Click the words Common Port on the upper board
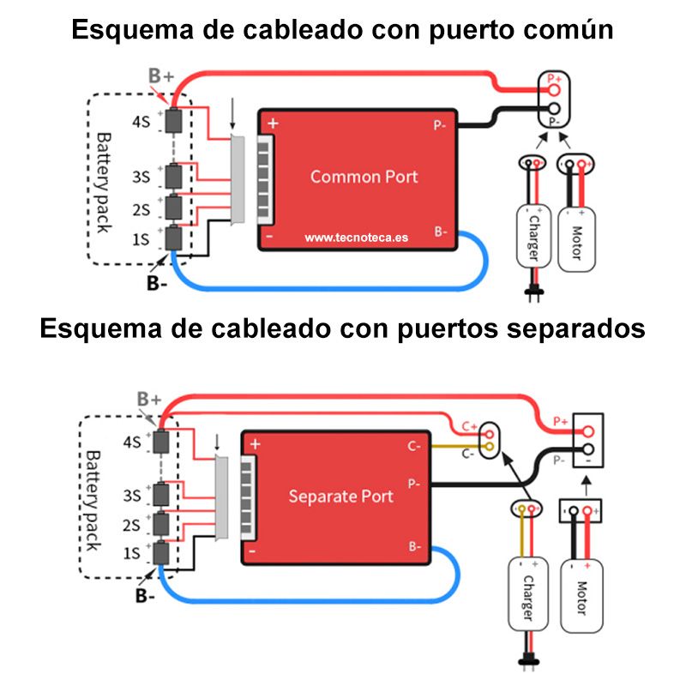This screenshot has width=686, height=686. point(364,177)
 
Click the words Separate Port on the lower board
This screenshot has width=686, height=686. point(340,496)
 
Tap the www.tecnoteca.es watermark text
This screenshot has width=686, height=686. point(357,238)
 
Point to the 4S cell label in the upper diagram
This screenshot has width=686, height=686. point(141,122)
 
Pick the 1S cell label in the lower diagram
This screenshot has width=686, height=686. point(131,553)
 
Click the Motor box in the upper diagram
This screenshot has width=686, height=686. point(576,240)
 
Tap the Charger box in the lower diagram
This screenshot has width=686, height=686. point(528,594)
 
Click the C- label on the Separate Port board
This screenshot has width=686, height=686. point(414,446)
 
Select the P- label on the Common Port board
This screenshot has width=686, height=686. point(440,125)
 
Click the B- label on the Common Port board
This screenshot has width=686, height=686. point(441,232)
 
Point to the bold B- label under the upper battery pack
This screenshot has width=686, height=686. point(157,283)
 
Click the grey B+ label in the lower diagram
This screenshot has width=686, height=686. point(149,399)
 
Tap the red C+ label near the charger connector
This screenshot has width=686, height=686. point(470,426)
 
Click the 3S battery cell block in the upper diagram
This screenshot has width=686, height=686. point(174,177)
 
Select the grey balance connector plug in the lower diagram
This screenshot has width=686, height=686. point(222,498)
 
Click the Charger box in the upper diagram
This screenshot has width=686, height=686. point(533,237)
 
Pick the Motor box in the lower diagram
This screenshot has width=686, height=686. point(581,596)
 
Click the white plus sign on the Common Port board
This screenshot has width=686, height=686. point(273,123)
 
